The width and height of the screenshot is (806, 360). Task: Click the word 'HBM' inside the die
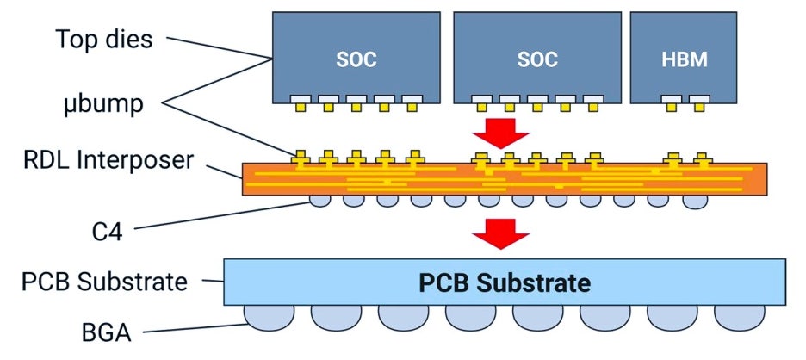point(685,60)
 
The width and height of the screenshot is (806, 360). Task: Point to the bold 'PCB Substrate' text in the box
point(505,282)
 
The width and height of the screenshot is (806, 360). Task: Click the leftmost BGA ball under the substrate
point(269,316)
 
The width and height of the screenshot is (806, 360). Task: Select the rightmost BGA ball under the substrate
point(740,316)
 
